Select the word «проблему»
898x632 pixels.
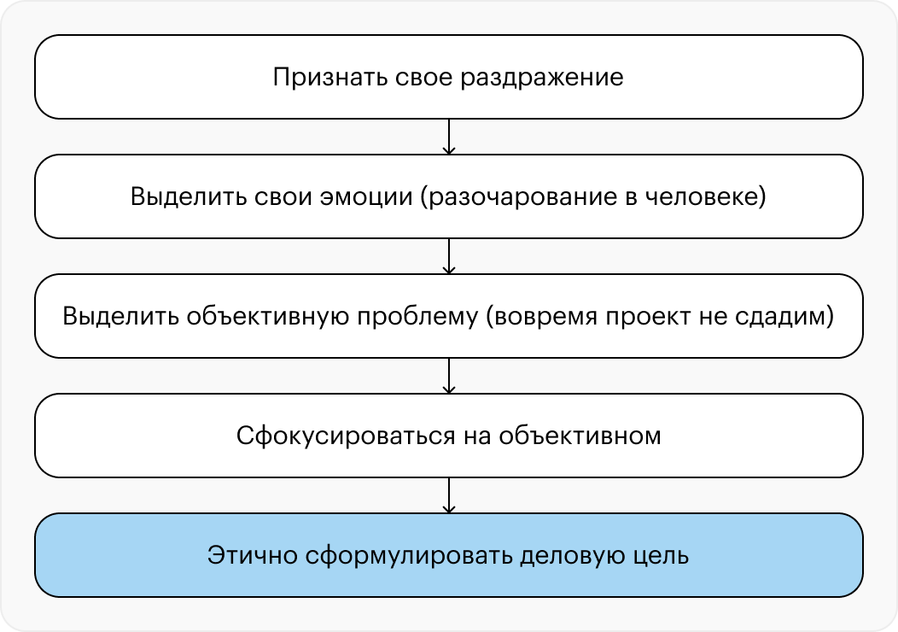pos(417,317)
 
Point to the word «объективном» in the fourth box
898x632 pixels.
pos(580,436)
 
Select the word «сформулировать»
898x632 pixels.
pos(408,556)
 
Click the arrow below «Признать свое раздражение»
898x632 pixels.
pos(449,137)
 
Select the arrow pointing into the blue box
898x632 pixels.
pos(449,495)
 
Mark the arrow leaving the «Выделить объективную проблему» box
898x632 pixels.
pos(449,376)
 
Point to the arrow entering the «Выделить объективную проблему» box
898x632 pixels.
pos(449,256)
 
